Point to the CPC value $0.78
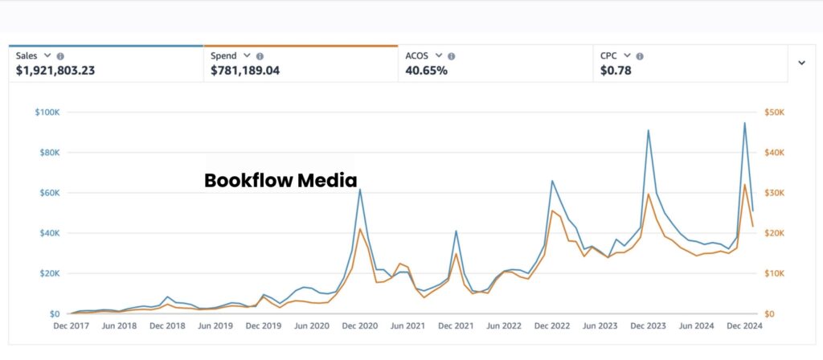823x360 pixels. [615, 71]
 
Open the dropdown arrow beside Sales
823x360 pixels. [47, 55]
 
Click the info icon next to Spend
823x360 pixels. [260, 56]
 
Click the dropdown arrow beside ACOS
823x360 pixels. [439, 55]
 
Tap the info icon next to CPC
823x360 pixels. [639, 56]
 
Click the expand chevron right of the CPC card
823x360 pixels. [801, 63]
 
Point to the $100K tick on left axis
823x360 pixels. [47, 112]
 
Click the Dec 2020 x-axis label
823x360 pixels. [359, 326]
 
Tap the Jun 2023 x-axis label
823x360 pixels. [600, 326]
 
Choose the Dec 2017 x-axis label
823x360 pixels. [72, 326]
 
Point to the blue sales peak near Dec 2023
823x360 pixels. [648, 130]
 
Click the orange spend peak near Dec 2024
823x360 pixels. [745, 185]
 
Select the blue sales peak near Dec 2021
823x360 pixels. [456, 231]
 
